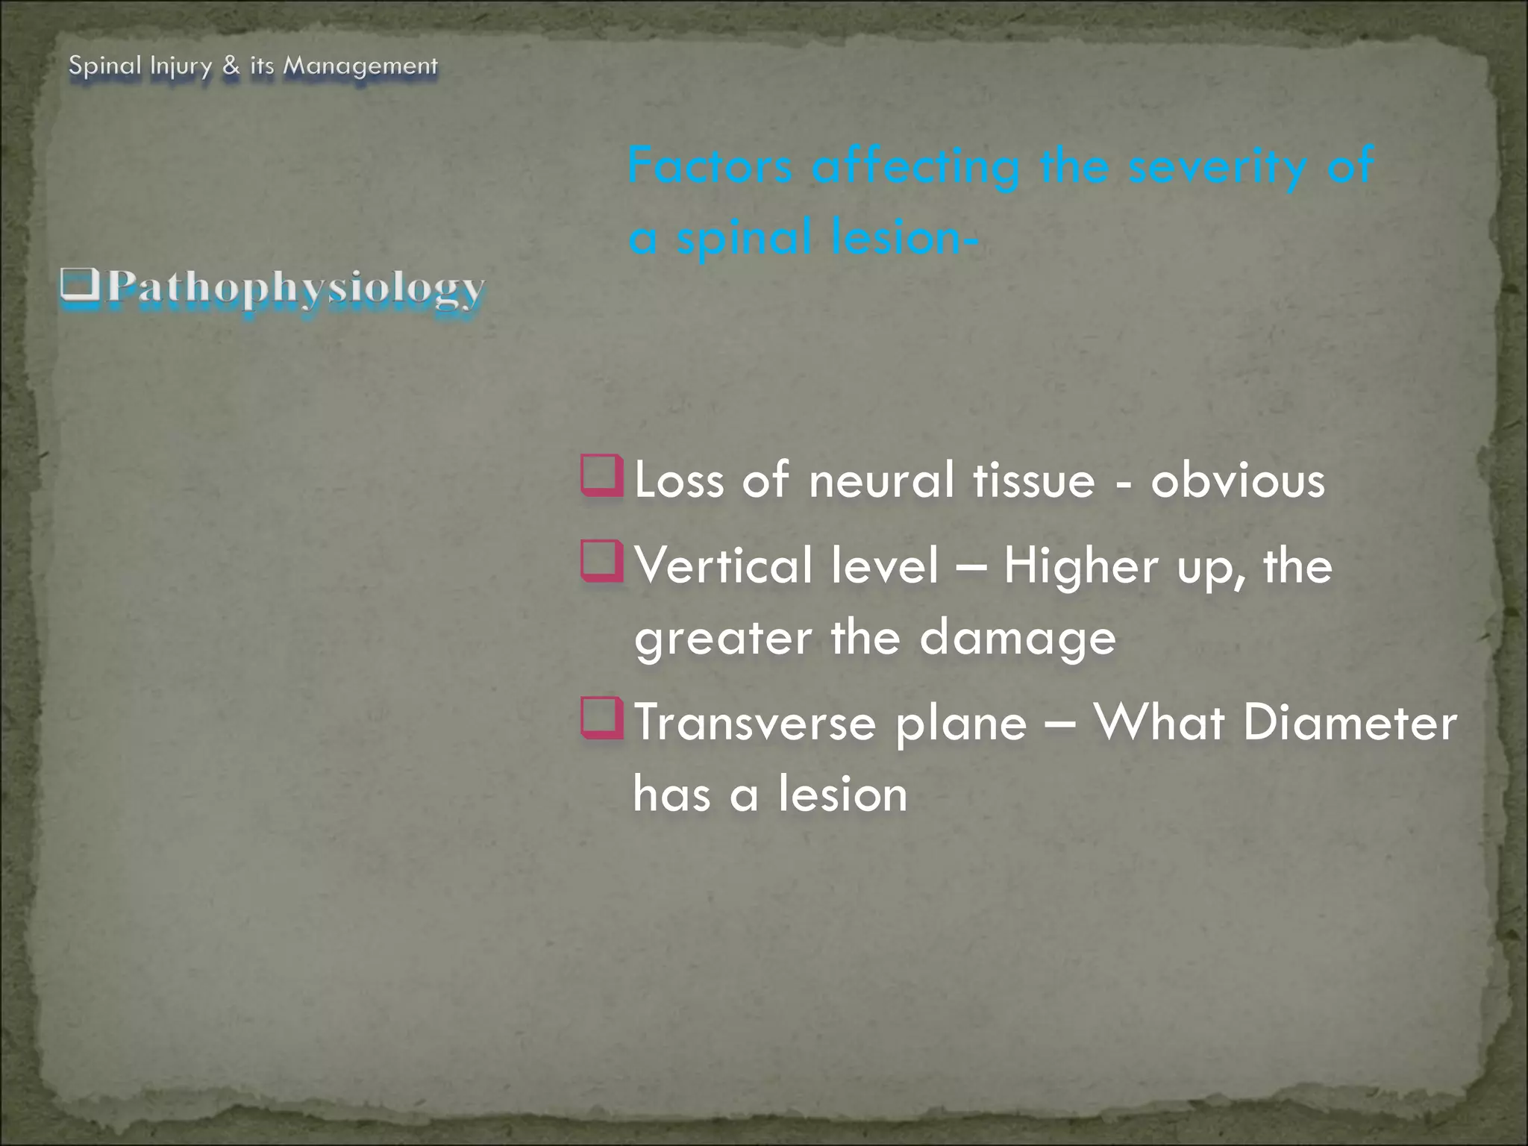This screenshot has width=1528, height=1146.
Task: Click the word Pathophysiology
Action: pyautogui.click(x=295, y=288)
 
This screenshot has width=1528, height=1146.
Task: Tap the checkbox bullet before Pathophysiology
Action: pyautogui.click(x=79, y=286)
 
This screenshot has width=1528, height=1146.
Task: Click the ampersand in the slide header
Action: pyautogui.click(x=231, y=66)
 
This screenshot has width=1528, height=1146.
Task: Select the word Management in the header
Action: pyautogui.click(x=360, y=67)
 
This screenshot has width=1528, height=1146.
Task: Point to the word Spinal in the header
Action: pyautogui.click(x=104, y=67)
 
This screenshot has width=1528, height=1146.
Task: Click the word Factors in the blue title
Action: pyautogui.click(x=710, y=166)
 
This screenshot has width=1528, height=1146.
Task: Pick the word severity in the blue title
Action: pyautogui.click(x=1217, y=166)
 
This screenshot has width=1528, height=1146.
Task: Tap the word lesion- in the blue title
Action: pyautogui.click(x=904, y=237)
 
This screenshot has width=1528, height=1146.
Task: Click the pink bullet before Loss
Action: pyautogui.click(x=601, y=475)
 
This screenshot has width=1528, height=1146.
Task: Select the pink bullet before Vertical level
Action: pyautogui.click(x=601, y=561)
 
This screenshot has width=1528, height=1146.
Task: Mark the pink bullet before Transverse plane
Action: pyautogui.click(x=601, y=718)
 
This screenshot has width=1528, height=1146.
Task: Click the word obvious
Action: pyautogui.click(x=1238, y=480)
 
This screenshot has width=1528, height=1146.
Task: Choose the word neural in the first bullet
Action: pyautogui.click(x=881, y=480)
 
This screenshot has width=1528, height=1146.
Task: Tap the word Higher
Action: pyautogui.click(x=1080, y=566)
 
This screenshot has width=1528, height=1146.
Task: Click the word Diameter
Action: pyautogui.click(x=1350, y=722)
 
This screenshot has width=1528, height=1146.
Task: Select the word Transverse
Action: pyautogui.click(x=754, y=722)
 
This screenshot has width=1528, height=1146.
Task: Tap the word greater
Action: pyautogui.click(x=723, y=639)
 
